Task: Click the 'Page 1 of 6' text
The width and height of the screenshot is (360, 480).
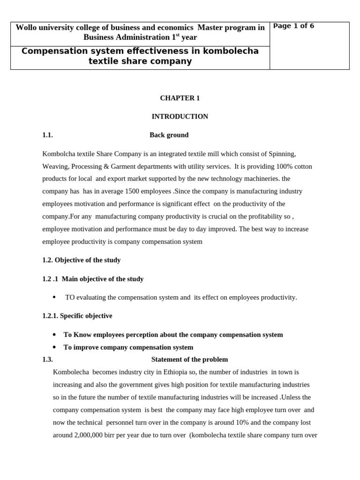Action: [x=293, y=26]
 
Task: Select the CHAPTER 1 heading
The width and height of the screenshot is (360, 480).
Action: [x=180, y=98]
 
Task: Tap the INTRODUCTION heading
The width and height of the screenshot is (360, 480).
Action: [x=180, y=116]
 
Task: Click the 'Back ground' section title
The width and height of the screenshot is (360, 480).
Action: [x=169, y=135]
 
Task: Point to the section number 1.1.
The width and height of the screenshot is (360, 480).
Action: [x=47, y=135]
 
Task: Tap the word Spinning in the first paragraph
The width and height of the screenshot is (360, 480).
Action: [x=281, y=154]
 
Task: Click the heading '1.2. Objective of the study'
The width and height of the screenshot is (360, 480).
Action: [x=82, y=260]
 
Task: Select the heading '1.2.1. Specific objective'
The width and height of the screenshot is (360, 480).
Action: [x=77, y=316]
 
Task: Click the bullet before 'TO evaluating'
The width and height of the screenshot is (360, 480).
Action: [x=54, y=297]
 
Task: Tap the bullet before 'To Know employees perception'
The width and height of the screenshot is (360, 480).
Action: [x=54, y=335]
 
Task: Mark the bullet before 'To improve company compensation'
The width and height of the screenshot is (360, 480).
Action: [x=54, y=347]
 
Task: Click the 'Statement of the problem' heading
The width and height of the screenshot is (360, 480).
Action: [x=189, y=360]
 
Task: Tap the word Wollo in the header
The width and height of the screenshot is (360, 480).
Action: [x=26, y=28]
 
